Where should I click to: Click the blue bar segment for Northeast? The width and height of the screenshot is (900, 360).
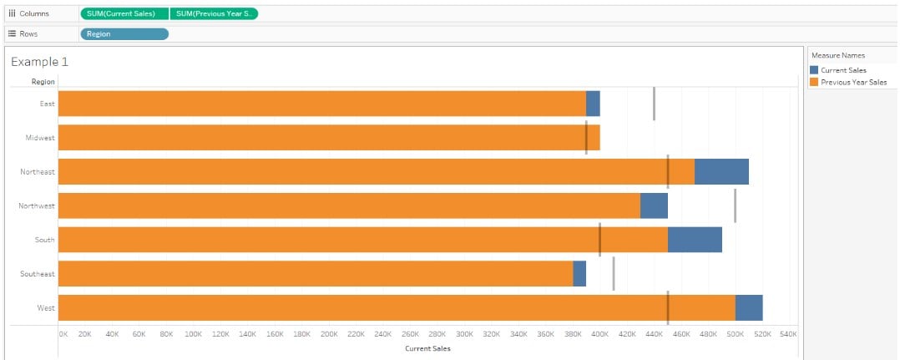[x=721, y=171]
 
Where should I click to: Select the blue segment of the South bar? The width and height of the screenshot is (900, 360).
[x=695, y=240]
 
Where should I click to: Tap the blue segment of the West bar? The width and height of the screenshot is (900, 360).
[x=749, y=307]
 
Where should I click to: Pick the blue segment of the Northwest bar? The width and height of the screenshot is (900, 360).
[x=654, y=205]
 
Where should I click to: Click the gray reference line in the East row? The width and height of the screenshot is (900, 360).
[x=654, y=104]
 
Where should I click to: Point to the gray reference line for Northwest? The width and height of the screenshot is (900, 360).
[x=735, y=205]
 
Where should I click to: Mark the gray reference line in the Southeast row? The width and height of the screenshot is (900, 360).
[x=614, y=273]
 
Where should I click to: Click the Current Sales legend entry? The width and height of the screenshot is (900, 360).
[x=843, y=70]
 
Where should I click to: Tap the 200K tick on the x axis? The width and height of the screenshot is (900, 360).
[x=329, y=334]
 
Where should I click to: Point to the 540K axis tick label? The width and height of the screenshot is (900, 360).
[x=788, y=334]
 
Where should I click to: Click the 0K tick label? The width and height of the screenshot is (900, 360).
[x=63, y=334]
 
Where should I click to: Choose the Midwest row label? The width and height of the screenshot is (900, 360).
[x=39, y=138]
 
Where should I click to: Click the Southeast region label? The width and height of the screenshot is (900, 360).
[x=38, y=274]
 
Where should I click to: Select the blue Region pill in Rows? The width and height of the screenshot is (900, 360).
[x=124, y=34]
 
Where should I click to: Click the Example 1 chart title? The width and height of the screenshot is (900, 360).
[x=40, y=62]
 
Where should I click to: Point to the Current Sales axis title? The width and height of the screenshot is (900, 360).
[x=427, y=348]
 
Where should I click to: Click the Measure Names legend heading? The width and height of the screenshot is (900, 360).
[x=838, y=55]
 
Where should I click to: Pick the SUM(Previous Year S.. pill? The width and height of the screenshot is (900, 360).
[x=214, y=13]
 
